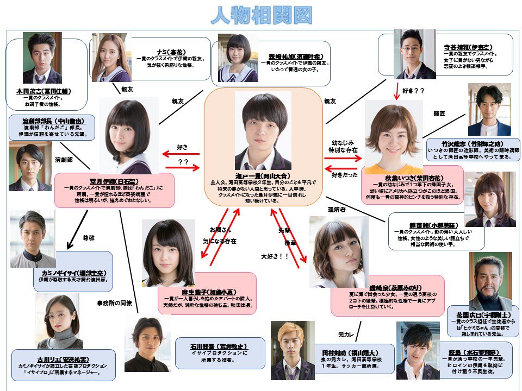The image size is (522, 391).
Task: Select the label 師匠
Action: point(439,115)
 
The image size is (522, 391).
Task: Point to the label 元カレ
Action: point(346,335)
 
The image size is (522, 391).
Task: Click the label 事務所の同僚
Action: point(114,302)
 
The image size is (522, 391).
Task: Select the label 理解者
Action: point(338,209)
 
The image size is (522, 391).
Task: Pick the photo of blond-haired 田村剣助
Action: point(293,350)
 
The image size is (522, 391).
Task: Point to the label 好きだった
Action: point(344,175)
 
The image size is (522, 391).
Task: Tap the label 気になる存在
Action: point(220,240)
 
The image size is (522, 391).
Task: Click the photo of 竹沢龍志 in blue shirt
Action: point(489,110)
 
